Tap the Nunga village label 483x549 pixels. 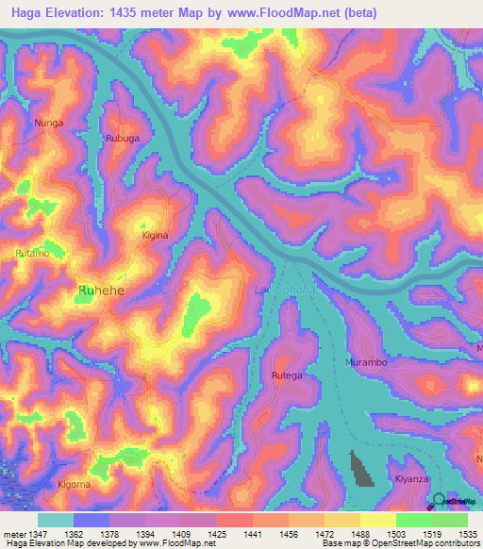48,123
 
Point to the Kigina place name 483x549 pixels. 155,235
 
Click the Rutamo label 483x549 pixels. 31,253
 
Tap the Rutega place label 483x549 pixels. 287,375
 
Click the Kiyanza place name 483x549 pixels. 412,479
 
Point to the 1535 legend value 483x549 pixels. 469,534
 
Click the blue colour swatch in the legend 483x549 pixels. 92,520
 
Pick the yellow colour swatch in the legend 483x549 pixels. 377,520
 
